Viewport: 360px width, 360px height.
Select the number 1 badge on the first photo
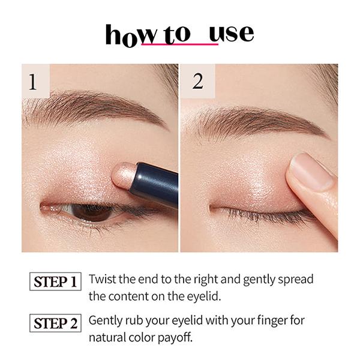[33, 82]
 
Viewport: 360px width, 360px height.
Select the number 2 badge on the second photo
[198, 82]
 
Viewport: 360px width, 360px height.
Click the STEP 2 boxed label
[55, 323]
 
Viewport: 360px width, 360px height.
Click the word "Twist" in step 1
[102, 280]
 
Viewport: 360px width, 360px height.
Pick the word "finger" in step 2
[278, 320]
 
